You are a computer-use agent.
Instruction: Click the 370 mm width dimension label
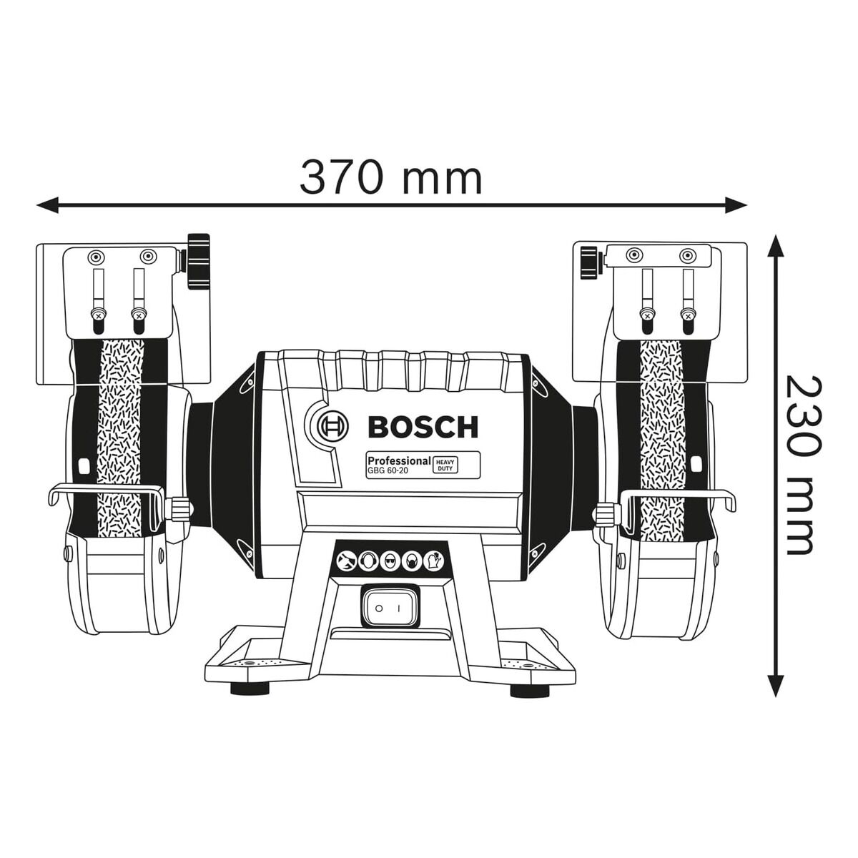click(391, 177)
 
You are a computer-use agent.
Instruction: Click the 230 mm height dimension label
click(800, 465)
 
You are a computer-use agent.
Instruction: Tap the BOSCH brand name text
click(423, 427)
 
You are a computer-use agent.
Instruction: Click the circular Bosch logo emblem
click(334, 427)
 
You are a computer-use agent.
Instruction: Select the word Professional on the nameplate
click(400, 460)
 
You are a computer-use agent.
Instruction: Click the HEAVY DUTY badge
click(445, 465)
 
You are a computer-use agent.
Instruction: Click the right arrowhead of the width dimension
click(736, 204)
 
